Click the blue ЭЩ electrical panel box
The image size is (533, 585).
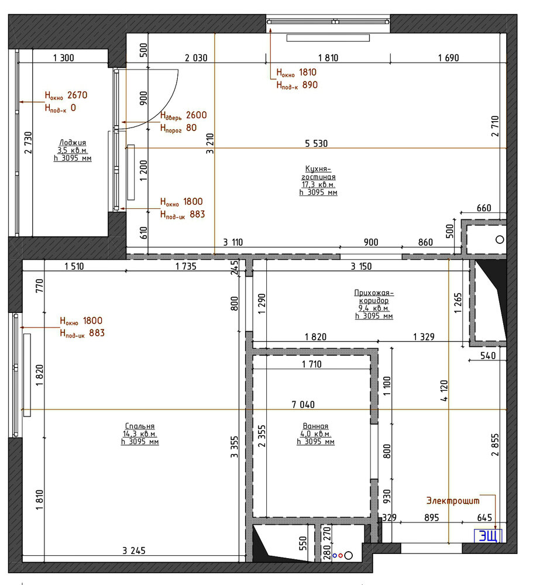coord(488,536)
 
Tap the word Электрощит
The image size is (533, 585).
coord(453,501)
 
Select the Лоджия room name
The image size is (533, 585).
coord(73,143)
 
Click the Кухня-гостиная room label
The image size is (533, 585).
coord(318,173)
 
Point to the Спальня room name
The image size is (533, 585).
coord(140,426)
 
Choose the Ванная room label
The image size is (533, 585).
coord(315,426)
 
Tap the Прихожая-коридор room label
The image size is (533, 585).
coord(374,297)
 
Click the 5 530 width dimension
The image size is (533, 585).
coord(316,144)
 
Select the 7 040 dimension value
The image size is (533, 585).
coord(303,404)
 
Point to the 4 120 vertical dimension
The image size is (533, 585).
coord(444,391)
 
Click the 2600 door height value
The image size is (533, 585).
coord(197,115)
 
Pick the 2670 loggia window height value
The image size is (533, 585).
coord(77,95)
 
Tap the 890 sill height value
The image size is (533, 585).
coord(310,85)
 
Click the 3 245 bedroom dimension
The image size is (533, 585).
coord(134,550)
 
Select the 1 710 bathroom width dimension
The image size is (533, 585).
coord(312,364)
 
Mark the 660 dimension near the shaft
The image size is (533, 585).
coord(484,208)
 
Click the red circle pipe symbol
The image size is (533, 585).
coord(341,556)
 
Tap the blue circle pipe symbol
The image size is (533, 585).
coord(335,556)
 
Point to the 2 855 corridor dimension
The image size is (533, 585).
coord(495,445)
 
